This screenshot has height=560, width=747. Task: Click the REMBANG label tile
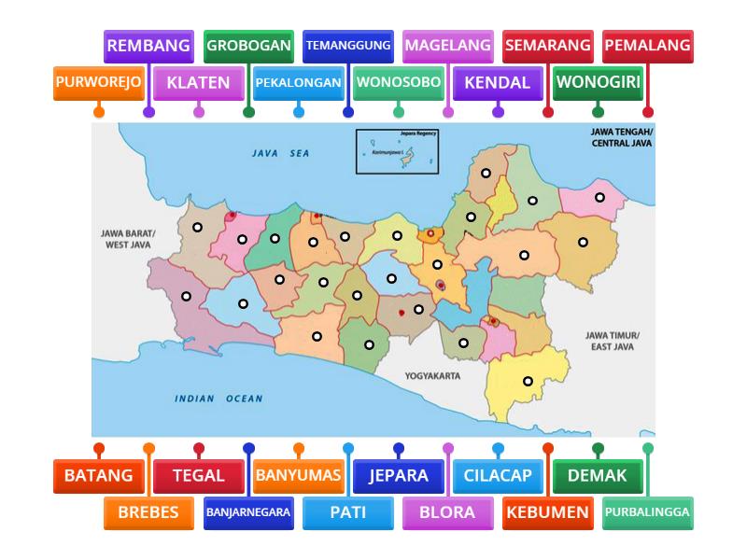click(148, 45)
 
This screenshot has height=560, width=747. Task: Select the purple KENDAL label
click(498, 82)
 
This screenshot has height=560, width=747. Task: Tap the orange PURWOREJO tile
click(98, 82)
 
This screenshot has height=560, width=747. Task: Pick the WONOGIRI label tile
click(598, 82)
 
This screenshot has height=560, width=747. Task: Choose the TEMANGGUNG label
click(348, 45)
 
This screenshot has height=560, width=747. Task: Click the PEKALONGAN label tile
click(298, 82)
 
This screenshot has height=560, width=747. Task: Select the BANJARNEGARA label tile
click(248, 511)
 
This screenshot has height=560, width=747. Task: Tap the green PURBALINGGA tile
click(647, 511)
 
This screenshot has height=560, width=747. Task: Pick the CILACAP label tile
click(498, 475)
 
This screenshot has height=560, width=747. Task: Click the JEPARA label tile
click(398, 475)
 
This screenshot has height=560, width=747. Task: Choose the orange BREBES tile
click(148, 511)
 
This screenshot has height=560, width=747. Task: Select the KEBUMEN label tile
click(547, 511)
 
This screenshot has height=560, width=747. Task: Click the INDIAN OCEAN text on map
click(219, 399)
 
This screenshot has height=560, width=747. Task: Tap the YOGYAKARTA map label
click(432, 376)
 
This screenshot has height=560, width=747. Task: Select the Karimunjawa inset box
click(396, 152)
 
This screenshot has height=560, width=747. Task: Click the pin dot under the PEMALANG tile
click(648, 113)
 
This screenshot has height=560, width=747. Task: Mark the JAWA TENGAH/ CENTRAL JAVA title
click(622, 138)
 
